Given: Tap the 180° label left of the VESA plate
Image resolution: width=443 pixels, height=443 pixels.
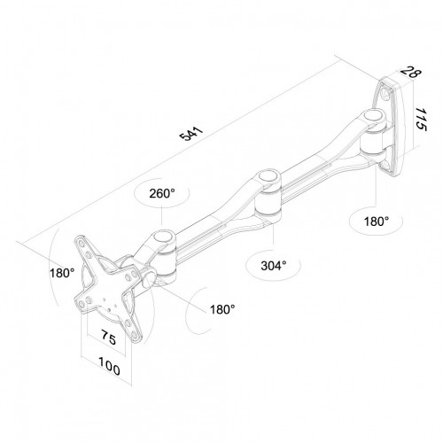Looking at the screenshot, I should (x=63, y=273).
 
